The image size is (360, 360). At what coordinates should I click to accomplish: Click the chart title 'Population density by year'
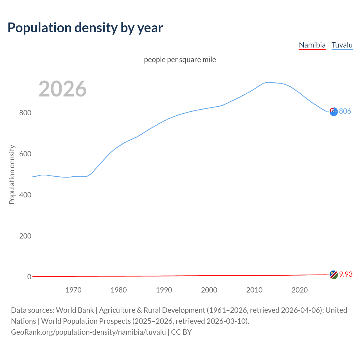click(85, 28)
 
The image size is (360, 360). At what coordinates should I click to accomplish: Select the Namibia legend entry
click(312, 45)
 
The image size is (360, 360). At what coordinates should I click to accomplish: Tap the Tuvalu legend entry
click(342, 45)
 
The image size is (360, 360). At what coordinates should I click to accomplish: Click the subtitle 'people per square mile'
click(180, 60)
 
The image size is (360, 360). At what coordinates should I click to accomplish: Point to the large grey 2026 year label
click(62, 89)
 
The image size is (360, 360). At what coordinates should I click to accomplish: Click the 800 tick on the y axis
click(25, 113)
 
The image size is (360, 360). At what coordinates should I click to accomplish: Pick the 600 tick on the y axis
click(25, 154)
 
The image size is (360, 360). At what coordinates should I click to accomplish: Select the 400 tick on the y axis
click(25, 195)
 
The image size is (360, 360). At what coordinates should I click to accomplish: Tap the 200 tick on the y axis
click(25, 236)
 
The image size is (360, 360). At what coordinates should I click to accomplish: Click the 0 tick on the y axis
click(29, 277)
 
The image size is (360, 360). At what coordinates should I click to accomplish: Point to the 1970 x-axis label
click(73, 290)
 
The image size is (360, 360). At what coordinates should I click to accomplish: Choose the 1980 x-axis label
click(119, 290)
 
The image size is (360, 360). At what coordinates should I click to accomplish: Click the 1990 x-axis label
click(164, 290)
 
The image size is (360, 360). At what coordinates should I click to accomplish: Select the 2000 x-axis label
click(209, 290)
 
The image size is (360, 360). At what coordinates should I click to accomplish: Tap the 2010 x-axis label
click(254, 290)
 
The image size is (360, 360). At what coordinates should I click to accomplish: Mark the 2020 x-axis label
click(300, 290)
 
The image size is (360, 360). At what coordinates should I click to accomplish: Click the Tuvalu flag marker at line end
click(334, 112)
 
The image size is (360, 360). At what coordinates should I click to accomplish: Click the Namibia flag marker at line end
click(334, 275)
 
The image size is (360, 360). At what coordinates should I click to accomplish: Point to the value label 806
click(345, 111)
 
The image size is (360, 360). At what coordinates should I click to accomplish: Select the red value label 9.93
click(346, 274)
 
